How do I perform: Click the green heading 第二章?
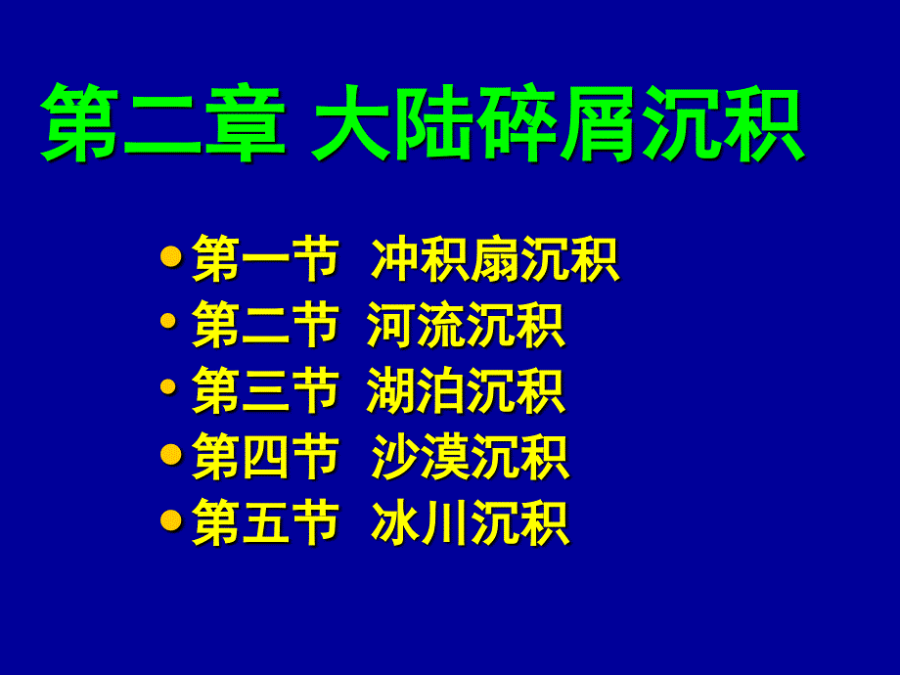point(163,122)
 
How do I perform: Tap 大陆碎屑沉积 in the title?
point(559,122)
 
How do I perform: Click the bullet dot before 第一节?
point(171,256)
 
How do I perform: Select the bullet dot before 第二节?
point(168,320)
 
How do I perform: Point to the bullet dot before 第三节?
point(168,386)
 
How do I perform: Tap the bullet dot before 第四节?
point(171,455)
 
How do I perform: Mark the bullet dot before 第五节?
point(171,520)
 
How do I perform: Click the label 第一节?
point(266,259)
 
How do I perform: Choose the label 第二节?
point(266,325)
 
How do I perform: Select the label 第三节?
point(266,390)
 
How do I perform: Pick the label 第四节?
point(266,456)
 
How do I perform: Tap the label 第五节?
point(266,521)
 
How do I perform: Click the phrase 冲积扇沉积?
point(495,259)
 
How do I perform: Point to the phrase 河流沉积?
point(466,325)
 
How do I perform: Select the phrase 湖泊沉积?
point(466,390)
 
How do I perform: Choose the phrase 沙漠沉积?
point(471,456)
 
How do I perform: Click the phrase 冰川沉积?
point(471,521)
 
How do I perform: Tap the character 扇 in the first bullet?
point(496,259)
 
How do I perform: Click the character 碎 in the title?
point(517,122)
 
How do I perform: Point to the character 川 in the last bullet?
point(445,521)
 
